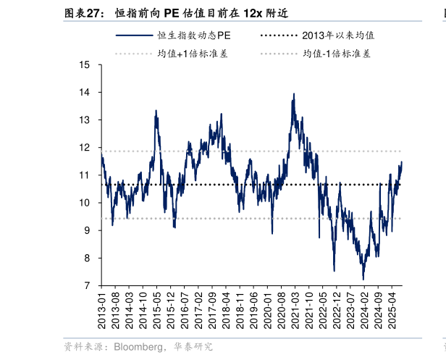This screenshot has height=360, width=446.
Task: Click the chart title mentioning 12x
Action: pyautogui.click(x=203, y=13)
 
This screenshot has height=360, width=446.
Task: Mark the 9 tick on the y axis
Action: pyautogui.click(x=88, y=230)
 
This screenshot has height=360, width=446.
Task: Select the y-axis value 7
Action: pyautogui.click(x=88, y=285)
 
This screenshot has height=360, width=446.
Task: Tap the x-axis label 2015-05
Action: pyautogui.click(x=157, y=309)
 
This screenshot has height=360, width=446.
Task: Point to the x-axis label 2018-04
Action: pyautogui.click(x=227, y=309)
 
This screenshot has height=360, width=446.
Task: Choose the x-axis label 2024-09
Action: pyautogui.click(x=379, y=309)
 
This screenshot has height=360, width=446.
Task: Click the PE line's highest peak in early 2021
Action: pyautogui.click(x=293, y=93)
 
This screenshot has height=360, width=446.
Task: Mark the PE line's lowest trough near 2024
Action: pyautogui.click(x=363, y=279)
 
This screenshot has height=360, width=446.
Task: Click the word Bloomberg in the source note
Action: pyautogui.click(x=138, y=347)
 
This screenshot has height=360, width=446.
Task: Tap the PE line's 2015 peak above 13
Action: pyautogui.click(x=156, y=111)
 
